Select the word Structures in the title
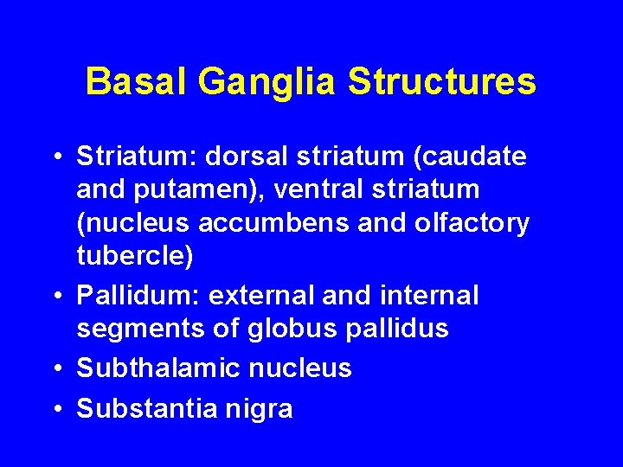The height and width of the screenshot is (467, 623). point(442,82)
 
